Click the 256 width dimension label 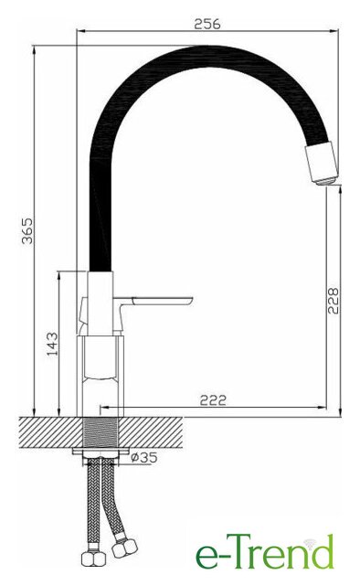[207, 24]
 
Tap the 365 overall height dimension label [27, 231]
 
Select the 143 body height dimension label [53, 344]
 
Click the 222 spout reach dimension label [214, 400]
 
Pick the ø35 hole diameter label [144, 457]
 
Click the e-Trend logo [264, 552]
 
